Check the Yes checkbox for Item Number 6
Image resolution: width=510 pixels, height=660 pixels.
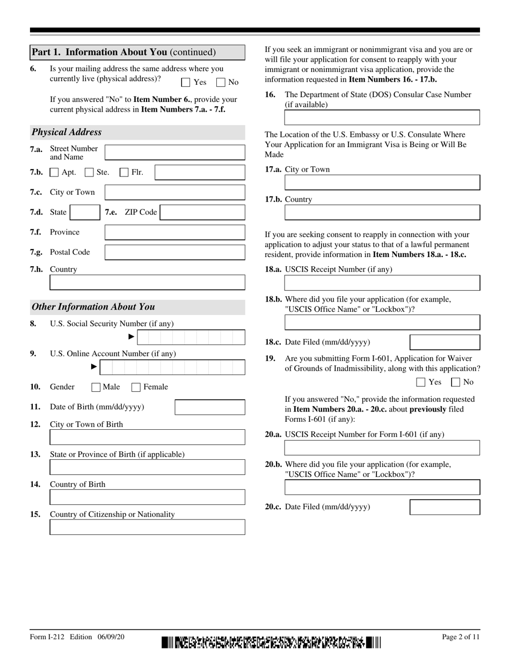[x=186, y=83]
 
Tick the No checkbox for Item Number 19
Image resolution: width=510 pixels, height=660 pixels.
[x=456, y=382]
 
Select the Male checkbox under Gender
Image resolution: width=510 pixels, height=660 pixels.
[x=96, y=387]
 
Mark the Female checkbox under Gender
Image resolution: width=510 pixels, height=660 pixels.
[x=136, y=387]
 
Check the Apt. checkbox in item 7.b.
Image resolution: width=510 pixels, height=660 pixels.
[x=54, y=173]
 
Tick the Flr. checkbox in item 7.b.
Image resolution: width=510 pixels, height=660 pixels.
[x=124, y=173]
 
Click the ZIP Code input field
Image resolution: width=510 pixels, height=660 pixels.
[x=202, y=212]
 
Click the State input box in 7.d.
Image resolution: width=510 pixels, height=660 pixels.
[x=85, y=212]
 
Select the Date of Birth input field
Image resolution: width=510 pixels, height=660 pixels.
[x=210, y=407]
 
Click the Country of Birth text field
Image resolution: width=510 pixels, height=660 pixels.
[x=147, y=497]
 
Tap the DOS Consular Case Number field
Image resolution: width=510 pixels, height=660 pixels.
[x=382, y=118]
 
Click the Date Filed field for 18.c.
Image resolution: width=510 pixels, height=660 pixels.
[x=445, y=342]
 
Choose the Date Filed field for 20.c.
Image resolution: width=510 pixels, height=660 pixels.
[x=445, y=507]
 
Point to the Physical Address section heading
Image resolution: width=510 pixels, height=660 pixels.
[x=67, y=133]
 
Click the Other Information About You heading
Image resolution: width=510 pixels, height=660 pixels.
[x=93, y=307]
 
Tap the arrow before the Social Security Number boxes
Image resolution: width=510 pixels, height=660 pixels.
[x=132, y=337]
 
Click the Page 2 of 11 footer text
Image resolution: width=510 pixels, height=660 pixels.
[x=461, y=637]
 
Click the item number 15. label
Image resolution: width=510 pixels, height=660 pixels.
[x=35, y=515]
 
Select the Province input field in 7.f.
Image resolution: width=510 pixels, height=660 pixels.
[x=174, y=232]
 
